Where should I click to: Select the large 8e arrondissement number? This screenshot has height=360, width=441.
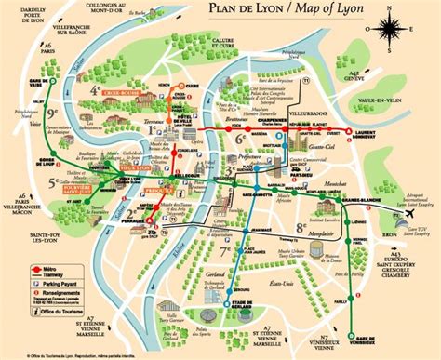(301, 226)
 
